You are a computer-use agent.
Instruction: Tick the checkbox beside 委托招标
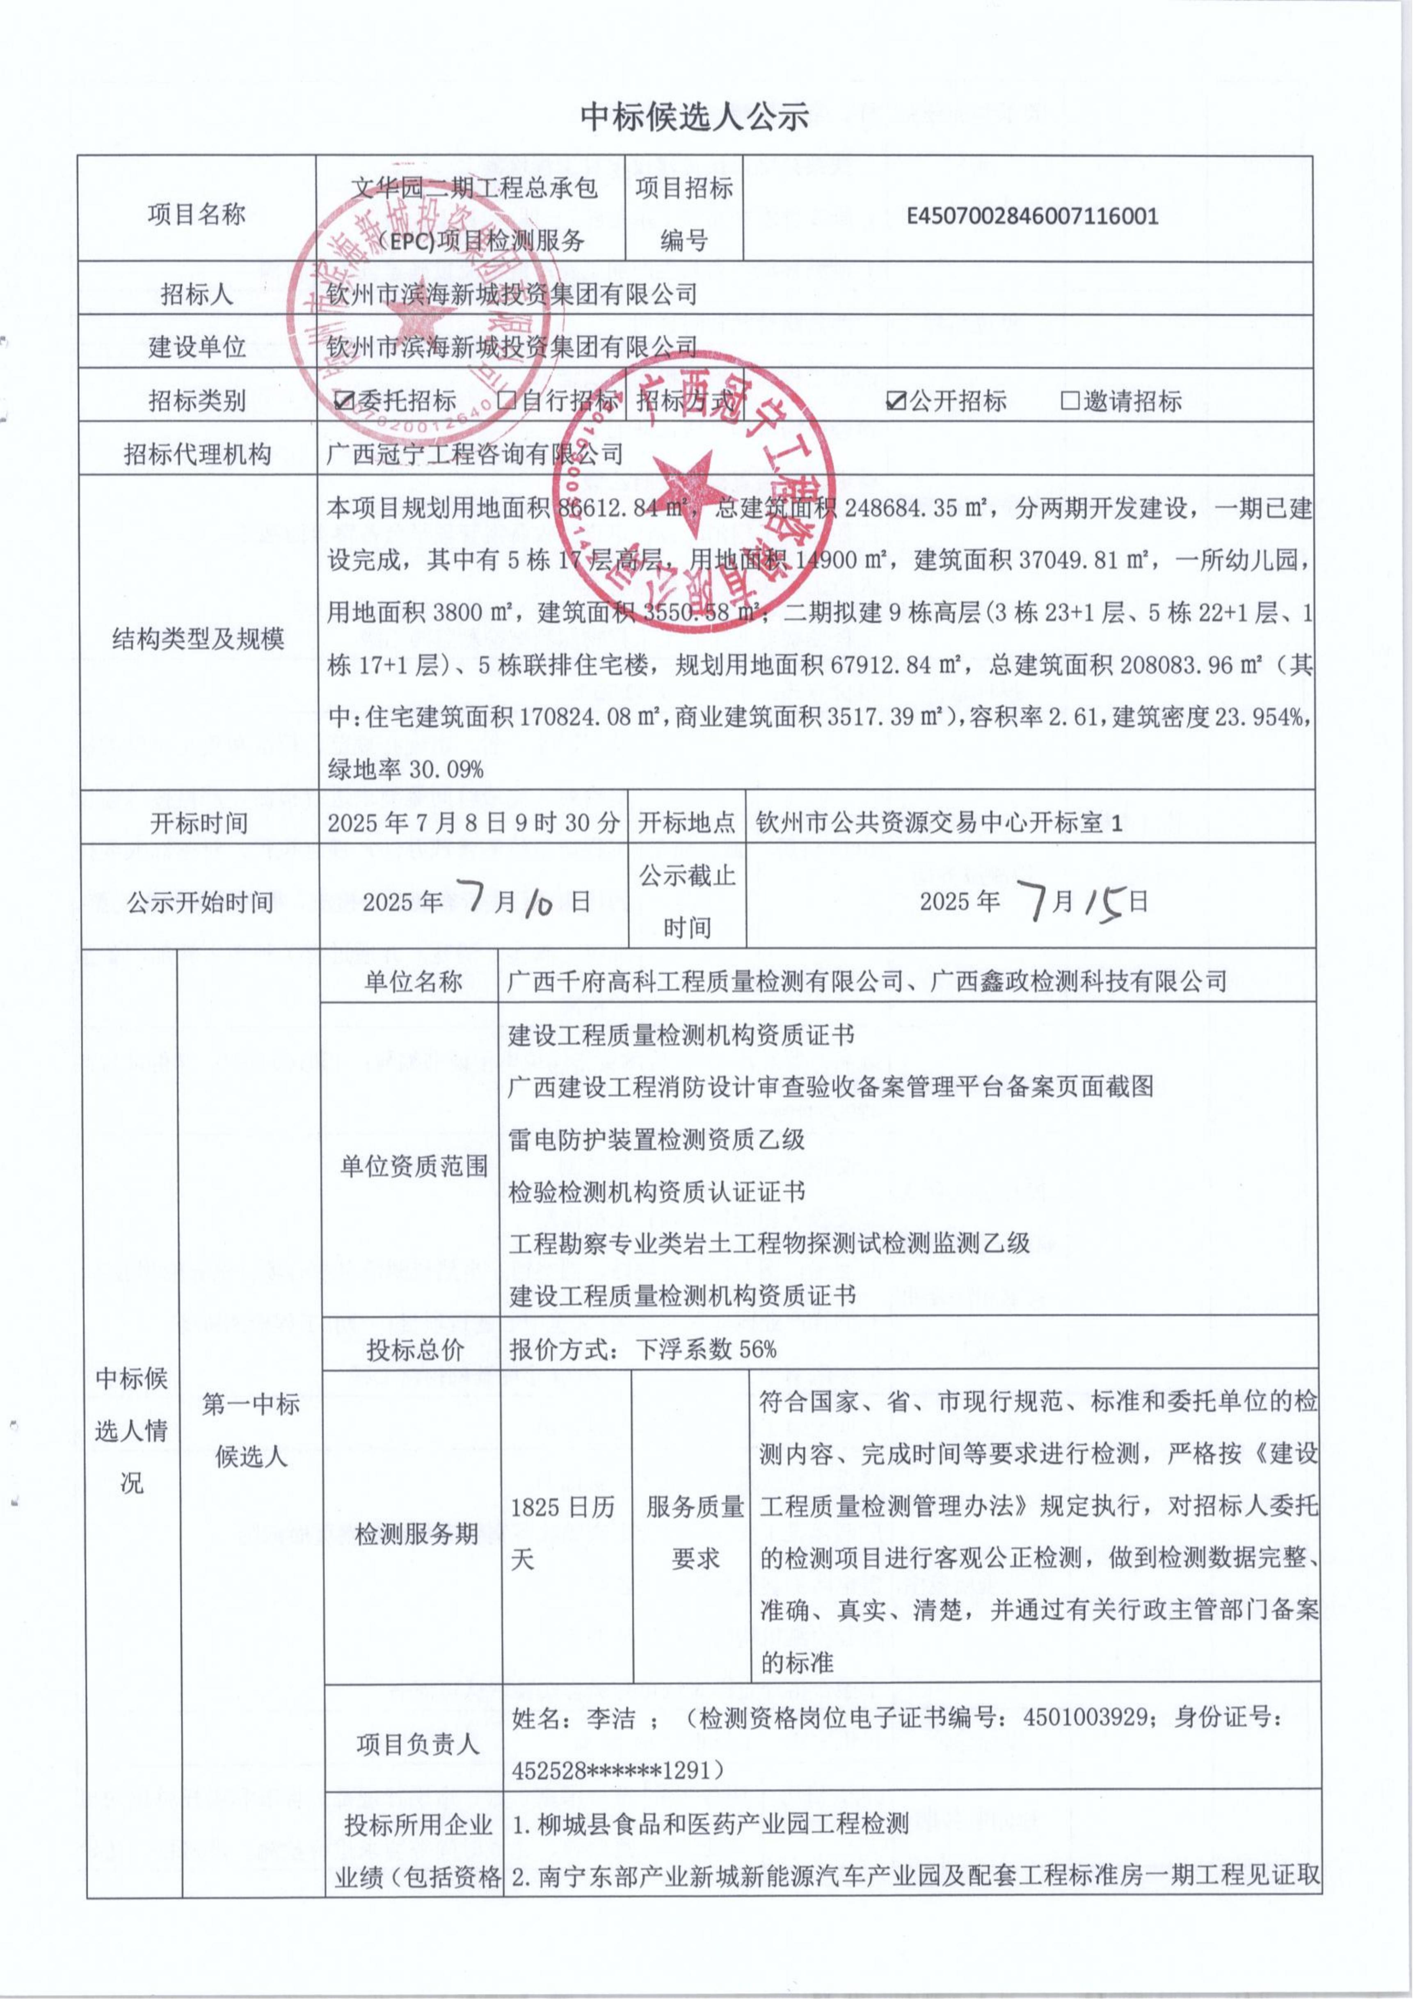345,401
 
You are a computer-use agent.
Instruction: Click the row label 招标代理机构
198,453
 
